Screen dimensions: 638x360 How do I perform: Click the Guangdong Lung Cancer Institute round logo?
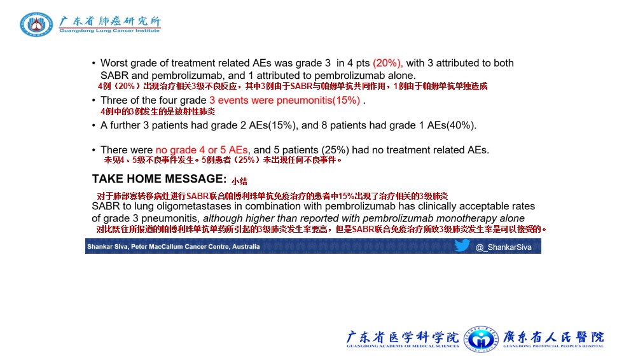click(x=36, y=24)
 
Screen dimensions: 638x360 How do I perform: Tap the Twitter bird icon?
click(x=462, y=246)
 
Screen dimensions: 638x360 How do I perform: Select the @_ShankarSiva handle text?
click(x=503, y=247)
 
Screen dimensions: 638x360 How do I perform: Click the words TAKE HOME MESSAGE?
click(x=159, y=179)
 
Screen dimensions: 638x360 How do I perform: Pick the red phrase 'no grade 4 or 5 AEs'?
click(x=202, y=150)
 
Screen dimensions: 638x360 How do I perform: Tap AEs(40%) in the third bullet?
click(x=452, y=125)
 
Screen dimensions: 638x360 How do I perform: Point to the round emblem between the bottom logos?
click(x=481, y=339)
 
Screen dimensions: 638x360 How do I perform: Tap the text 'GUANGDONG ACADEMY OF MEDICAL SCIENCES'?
click(x=403, y=346)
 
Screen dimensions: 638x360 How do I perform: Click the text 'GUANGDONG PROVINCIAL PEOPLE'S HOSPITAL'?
click(x=553, y=346)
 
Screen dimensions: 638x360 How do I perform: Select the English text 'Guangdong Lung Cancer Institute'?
click(x=109, y=31)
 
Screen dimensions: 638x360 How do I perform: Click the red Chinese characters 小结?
click(x=239, y=181)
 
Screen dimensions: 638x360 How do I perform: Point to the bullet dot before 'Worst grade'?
click(x=94, y=64)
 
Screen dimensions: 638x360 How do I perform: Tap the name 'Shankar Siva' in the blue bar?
click(x=107, y=247)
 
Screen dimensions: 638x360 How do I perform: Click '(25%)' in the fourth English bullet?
click(x=335, y=150)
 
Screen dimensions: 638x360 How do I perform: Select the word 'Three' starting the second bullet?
click(x=113, y=100)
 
